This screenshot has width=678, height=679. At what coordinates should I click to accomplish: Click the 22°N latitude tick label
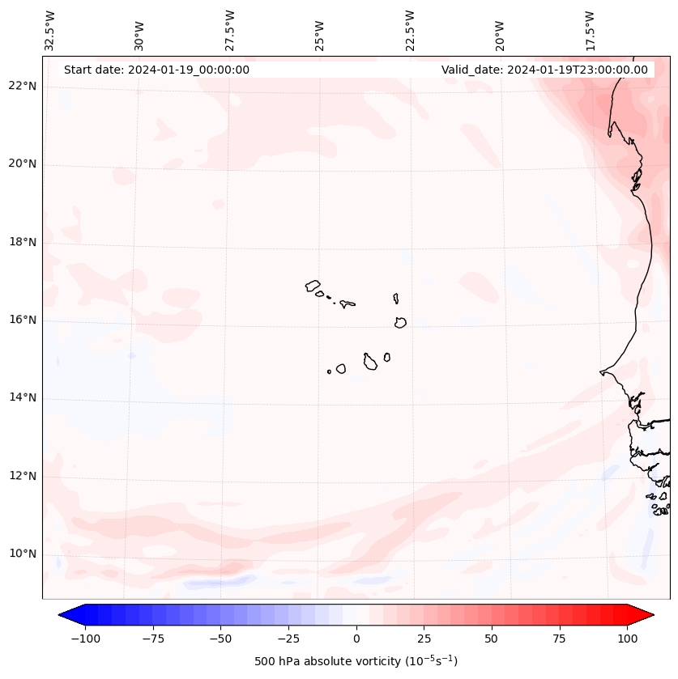point(23,86)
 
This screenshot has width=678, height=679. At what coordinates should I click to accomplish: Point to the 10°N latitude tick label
point(23,554)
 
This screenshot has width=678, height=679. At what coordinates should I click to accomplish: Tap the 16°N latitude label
point(23,320)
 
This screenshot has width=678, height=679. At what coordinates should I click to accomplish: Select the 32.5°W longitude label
point(50,30)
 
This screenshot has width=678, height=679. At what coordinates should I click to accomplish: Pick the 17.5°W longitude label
point(591,30)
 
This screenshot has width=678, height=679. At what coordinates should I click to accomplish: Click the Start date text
point(156,70)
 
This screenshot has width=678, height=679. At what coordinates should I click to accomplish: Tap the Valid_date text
point(544,70)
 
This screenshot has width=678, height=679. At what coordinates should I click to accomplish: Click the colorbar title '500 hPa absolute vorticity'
point(356,661)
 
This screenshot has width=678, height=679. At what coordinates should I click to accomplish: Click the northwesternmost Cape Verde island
point(313,286)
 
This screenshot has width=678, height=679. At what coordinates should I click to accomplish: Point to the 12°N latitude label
point(23,476)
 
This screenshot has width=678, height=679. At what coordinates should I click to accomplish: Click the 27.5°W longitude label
point(230,30)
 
